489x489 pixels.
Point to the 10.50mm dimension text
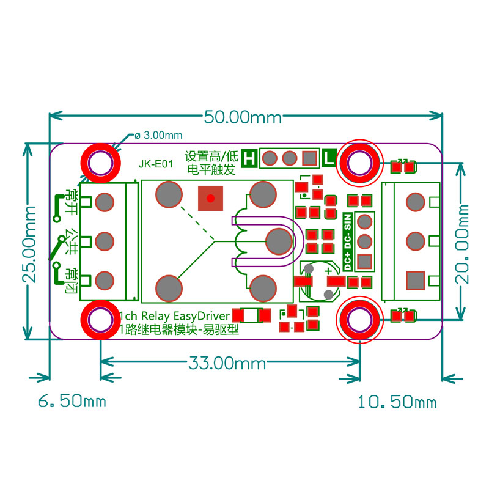pos(397,402)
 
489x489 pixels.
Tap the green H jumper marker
pos(249,158)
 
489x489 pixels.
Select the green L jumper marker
pos(329,158)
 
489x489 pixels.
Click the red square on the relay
pos(211,198)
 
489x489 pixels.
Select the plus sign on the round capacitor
pos(329,270)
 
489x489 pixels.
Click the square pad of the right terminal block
pos(416,281)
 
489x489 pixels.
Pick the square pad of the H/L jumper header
pos(310,159)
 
